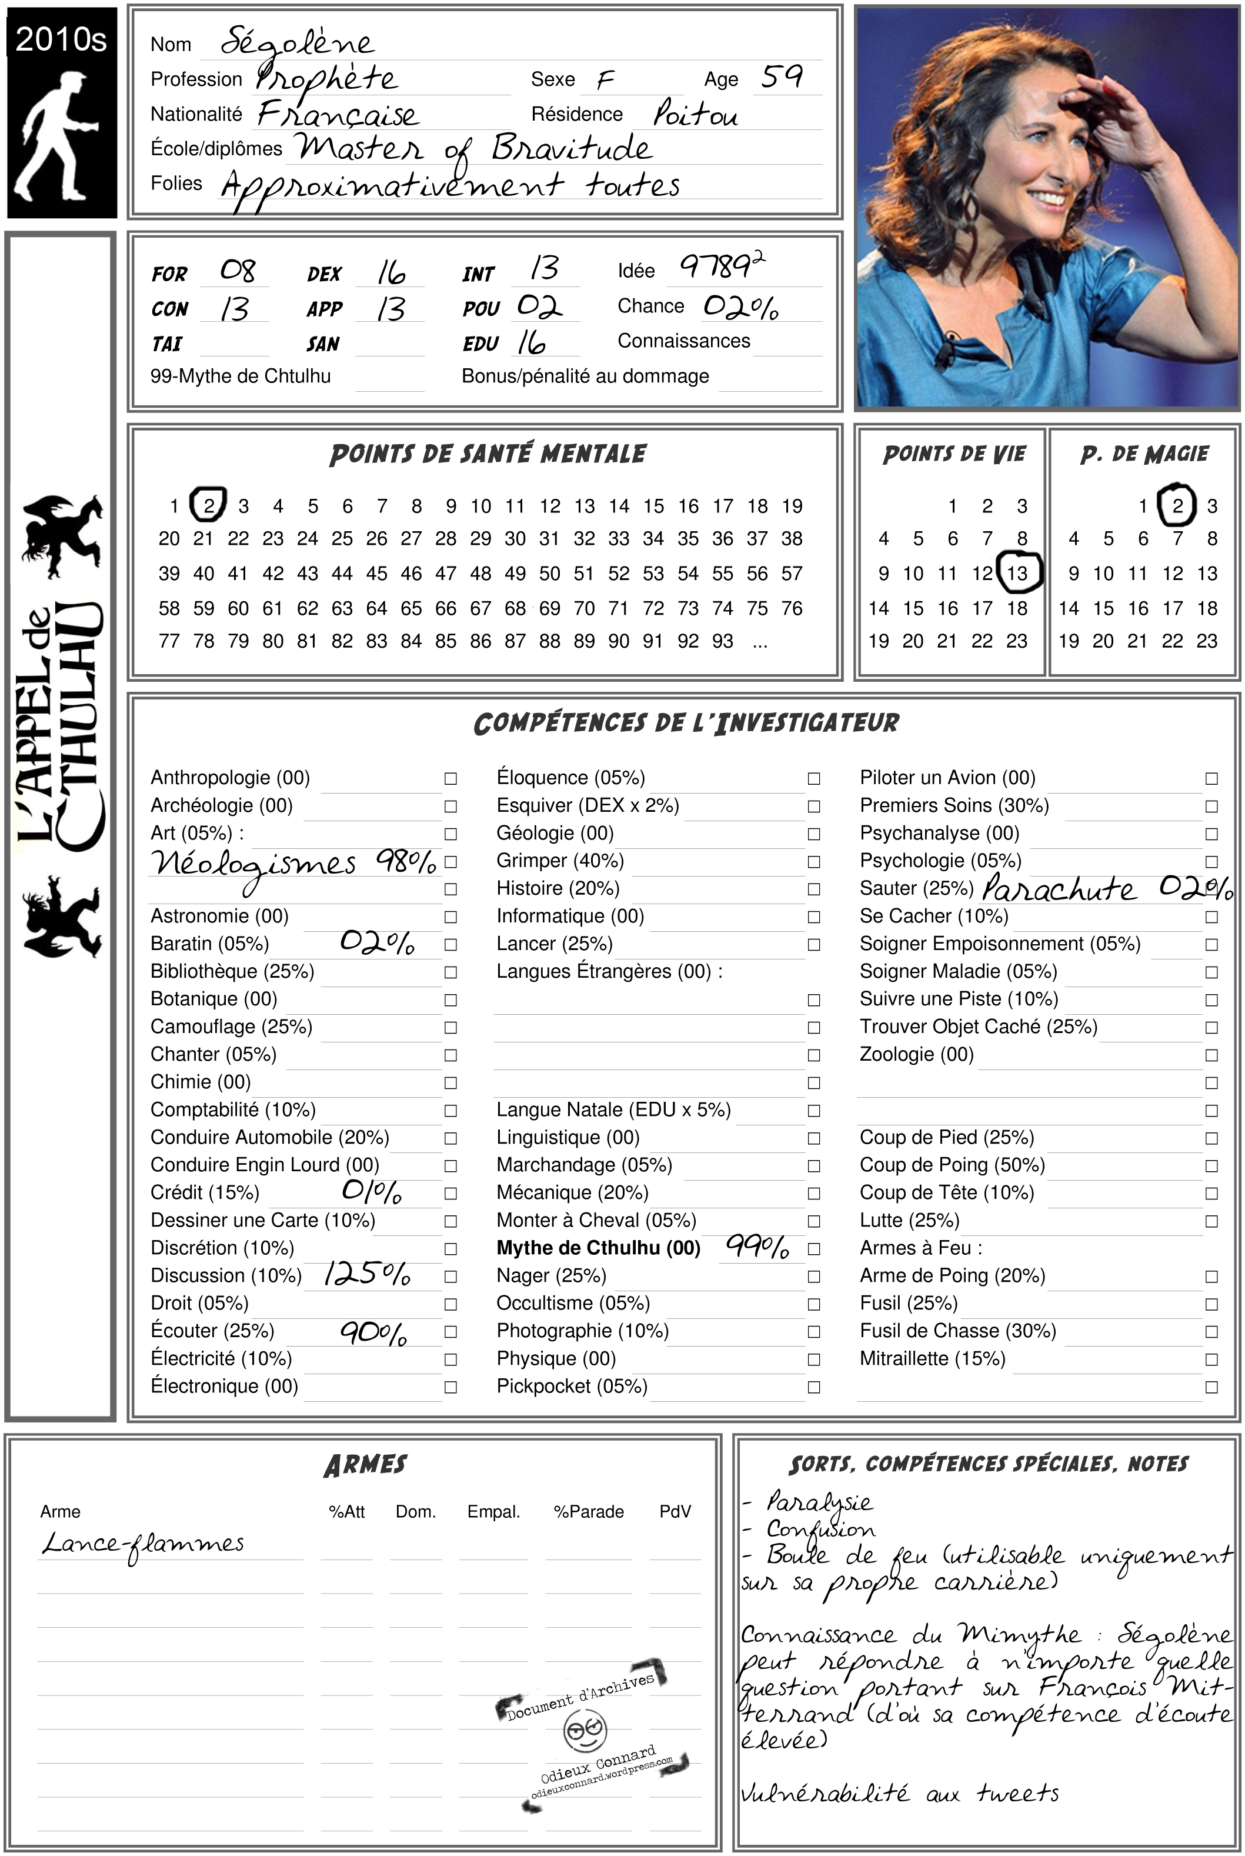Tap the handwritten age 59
(x=782, y=76)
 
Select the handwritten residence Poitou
(x=696, y=114)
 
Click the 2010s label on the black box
(x=61, y=39)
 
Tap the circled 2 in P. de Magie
(x=1177, y=505)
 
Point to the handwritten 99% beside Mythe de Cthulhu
(x=757, y=1247)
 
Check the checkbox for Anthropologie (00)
(x=450, y=778)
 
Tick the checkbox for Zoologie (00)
(x=1211, y=1055)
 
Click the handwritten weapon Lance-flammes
(x=143, y=1543)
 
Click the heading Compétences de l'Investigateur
(x=686, y=723)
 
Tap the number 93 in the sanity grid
(x=723, y=640)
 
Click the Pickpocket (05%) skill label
(x=572, y=1386)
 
